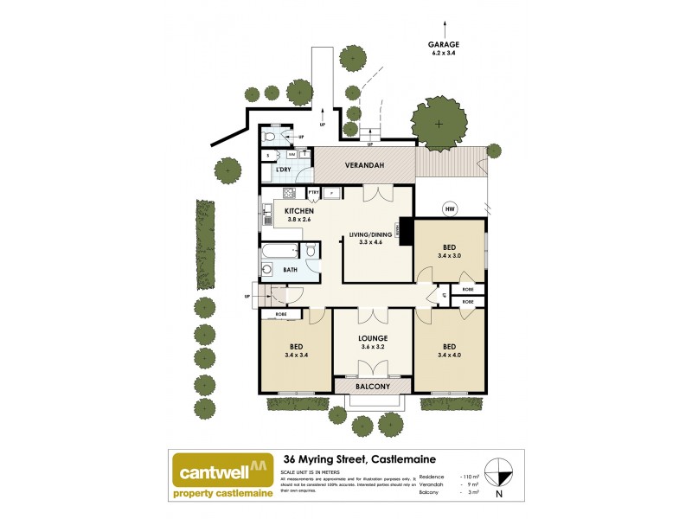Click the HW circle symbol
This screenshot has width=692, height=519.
coord(449,209)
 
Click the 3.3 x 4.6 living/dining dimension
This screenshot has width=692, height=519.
coord(371,242)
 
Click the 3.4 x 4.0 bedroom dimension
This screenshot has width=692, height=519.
coord(451,355)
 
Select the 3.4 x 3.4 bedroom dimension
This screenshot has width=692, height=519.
coord(295,355)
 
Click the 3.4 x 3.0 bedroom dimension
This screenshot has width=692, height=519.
coord(450,255)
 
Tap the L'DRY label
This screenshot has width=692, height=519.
coord(282,170)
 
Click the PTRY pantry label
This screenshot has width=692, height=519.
coord(314,191)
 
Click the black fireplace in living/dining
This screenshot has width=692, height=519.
coord(402,230)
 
